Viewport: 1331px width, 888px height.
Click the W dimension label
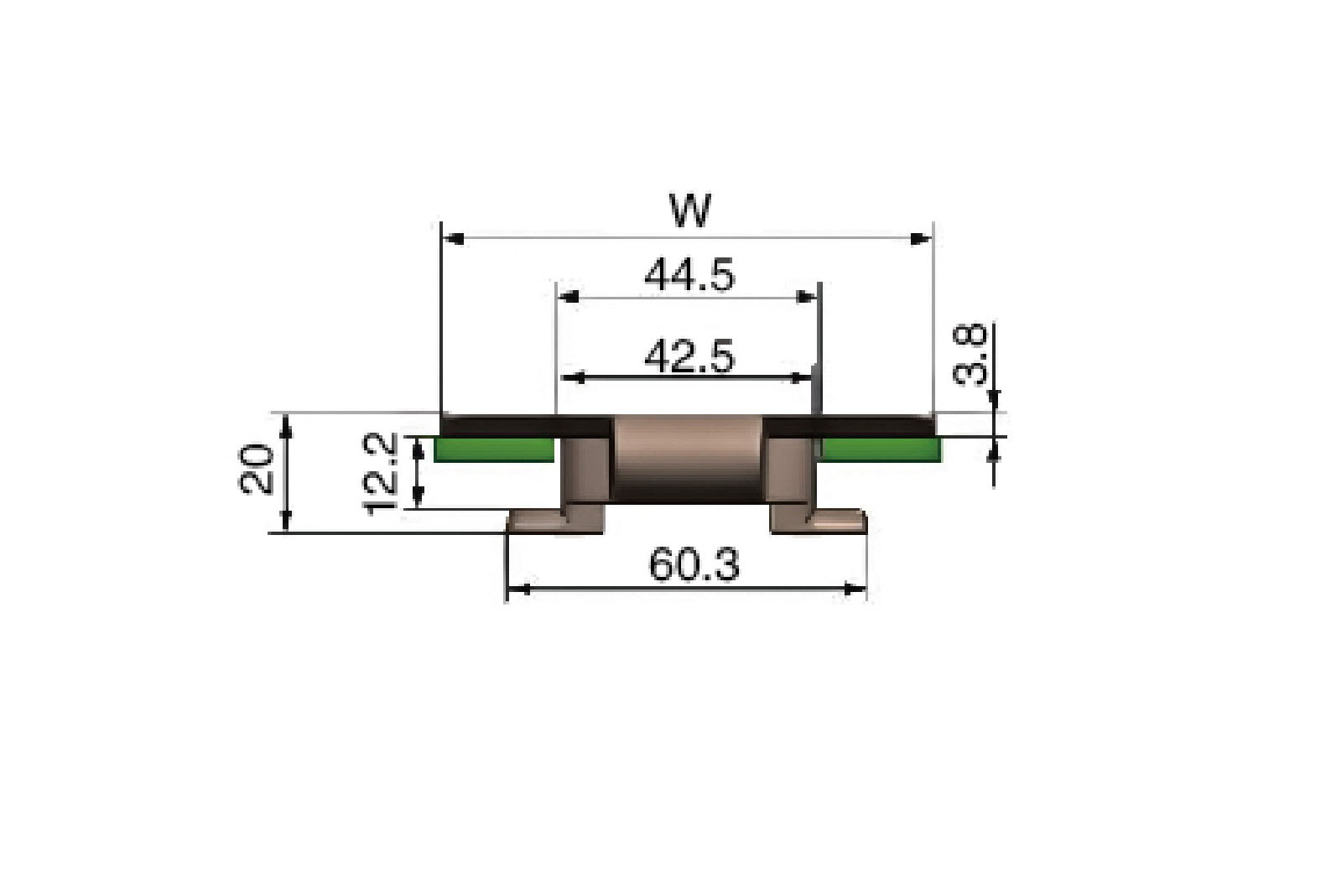pyautogui.click(x=690, y=210)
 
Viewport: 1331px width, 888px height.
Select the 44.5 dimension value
pyautogui.click(x=690, y=275)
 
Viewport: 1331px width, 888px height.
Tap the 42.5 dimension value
pyautogui.click(x=690, y=356)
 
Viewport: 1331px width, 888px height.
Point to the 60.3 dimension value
pyautogui.click(x=694, y=565)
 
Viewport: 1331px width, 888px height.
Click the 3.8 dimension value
pyautogui.click(x=970, y=355)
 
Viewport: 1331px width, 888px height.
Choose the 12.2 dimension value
pyautogui.click(x=379, y=474)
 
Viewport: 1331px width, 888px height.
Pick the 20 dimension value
pyautogui.click(x=256, y=470)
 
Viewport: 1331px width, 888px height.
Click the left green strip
pyautogui.click(x=494, y=449)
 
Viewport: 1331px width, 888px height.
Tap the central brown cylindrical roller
pyautogui.click(x=688, y=459)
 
